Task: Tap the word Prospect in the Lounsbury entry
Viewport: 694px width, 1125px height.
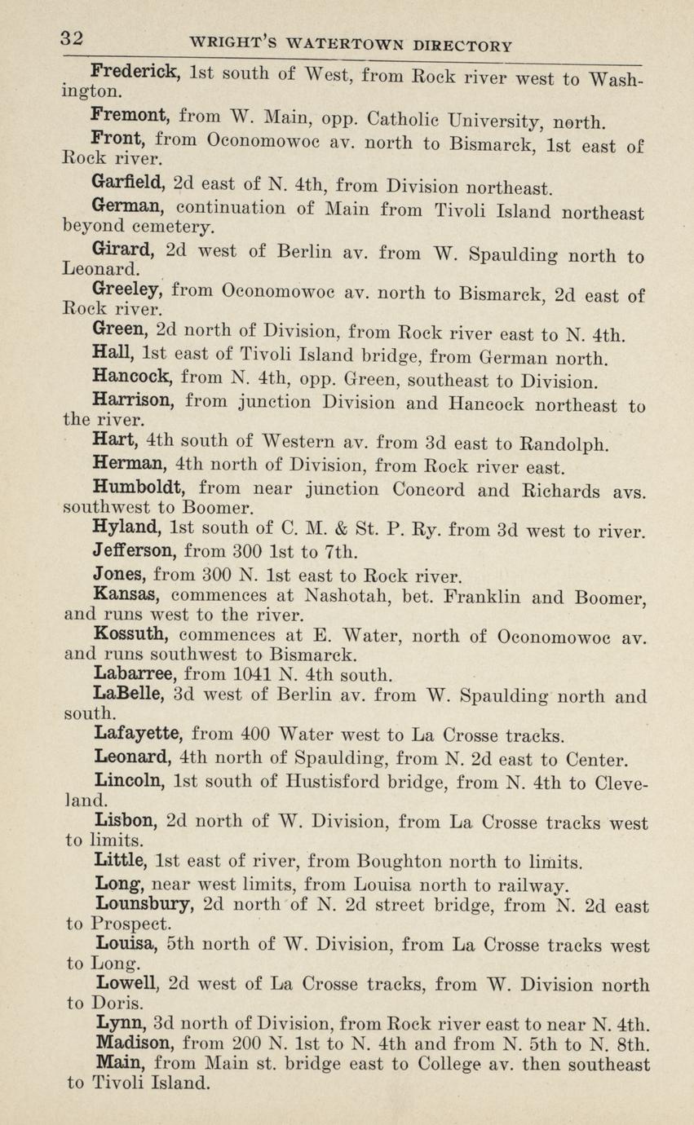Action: click(130, 924)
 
